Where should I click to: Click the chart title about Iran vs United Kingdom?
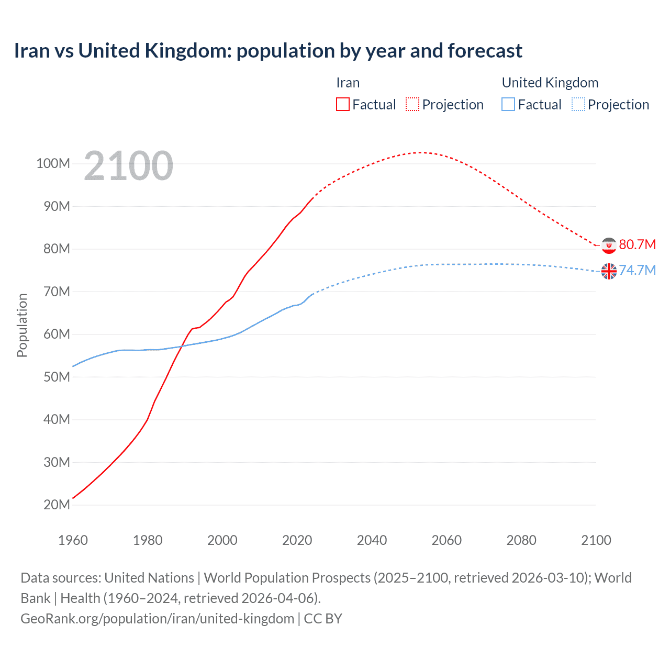click(x=268, y=51)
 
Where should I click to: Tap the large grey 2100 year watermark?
click(x=128, y=165)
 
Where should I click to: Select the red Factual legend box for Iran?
click(x=343, y=104)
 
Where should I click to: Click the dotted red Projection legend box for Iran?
click(x=412, y=104)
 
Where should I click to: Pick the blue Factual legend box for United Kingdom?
click(x=508, y=104)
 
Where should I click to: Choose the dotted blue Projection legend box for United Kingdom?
click(x=578, y=104)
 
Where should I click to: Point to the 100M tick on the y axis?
click(x=53, y=163)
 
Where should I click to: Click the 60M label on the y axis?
click(x=57, y=334)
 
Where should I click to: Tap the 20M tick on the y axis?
click(x=57, y=505)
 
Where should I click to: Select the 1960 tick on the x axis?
click(x=73, y=540)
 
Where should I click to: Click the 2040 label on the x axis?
click(x=372, y=540)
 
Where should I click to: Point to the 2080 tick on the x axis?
click(x=521, y=540)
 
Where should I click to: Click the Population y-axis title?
click(x=22, y=325)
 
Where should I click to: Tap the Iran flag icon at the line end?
click(x=609, y=245)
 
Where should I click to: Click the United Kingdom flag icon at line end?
click(x=609, y=271)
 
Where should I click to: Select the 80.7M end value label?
click(x=637, y=244)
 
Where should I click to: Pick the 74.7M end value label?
click(x=637, y=270)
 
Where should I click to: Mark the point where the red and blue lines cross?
click(x=182, y=346)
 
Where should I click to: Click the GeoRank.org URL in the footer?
click(x=157, y=619)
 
